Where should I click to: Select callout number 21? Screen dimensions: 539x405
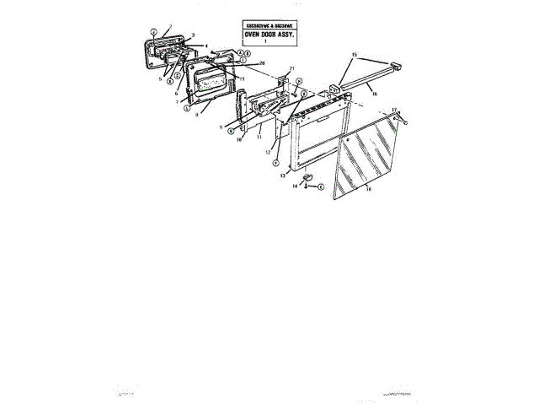click(291, 67)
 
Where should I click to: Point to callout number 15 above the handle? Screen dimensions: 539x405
click(354, 54)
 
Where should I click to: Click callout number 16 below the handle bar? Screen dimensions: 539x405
click(373, 95)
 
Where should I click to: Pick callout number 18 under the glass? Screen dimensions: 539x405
click(368, 191)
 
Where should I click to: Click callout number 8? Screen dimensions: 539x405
click(196, 114)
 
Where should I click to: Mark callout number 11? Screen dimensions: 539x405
click(259, 136)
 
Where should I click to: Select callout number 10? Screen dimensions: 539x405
click(239, 140)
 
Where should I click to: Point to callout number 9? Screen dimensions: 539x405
click(219, 127)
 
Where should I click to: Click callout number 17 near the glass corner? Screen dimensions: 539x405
click(393, 110)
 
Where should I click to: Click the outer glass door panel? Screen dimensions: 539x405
click(367, 156)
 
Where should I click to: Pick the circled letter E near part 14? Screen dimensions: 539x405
click(319, 187)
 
